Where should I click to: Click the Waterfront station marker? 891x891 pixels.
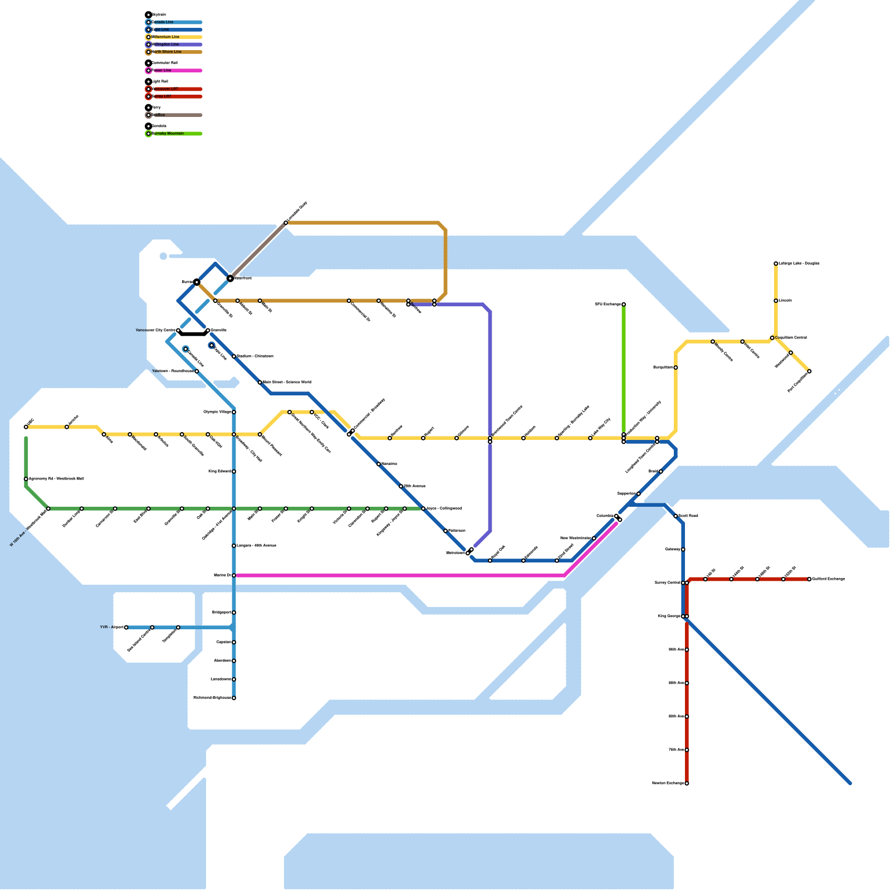click(x=230, y=278)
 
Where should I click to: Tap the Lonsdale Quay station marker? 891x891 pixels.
click(x=286, y=223)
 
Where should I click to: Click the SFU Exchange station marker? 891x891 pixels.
click(x=624, y=305)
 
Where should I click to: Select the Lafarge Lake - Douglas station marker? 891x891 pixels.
click(x=776, y=263)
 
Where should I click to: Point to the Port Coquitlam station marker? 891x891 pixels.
click(x=809, y=371)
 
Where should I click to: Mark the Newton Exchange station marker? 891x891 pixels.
click(x=687, y=784)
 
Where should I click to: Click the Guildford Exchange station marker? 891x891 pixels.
click(x=809, y=579)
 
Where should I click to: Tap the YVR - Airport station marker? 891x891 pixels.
click(x=126, y=628)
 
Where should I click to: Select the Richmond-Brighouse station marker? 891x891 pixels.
click(x=234, y=698)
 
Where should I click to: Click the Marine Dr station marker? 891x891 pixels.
click(x=234, y=575)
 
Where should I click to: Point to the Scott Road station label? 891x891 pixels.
click(x=688, y=516)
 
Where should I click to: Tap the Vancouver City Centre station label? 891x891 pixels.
click(x=155, y=330)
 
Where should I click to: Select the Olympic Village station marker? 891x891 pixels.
click(x=234, y=412)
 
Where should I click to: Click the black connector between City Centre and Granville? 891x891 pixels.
click(x=193, y=334)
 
